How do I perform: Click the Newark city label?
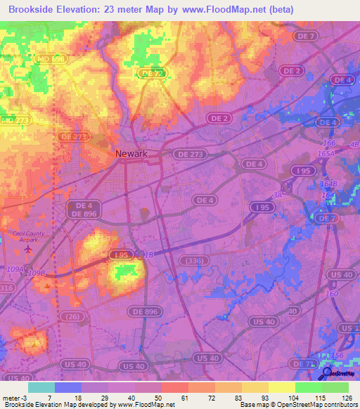132,154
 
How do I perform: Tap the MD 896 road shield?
50,60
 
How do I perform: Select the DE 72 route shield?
151,72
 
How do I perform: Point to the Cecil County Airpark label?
28,236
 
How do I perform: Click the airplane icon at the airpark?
29,248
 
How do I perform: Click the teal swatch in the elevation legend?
41,387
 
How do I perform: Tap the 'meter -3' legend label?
13,397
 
